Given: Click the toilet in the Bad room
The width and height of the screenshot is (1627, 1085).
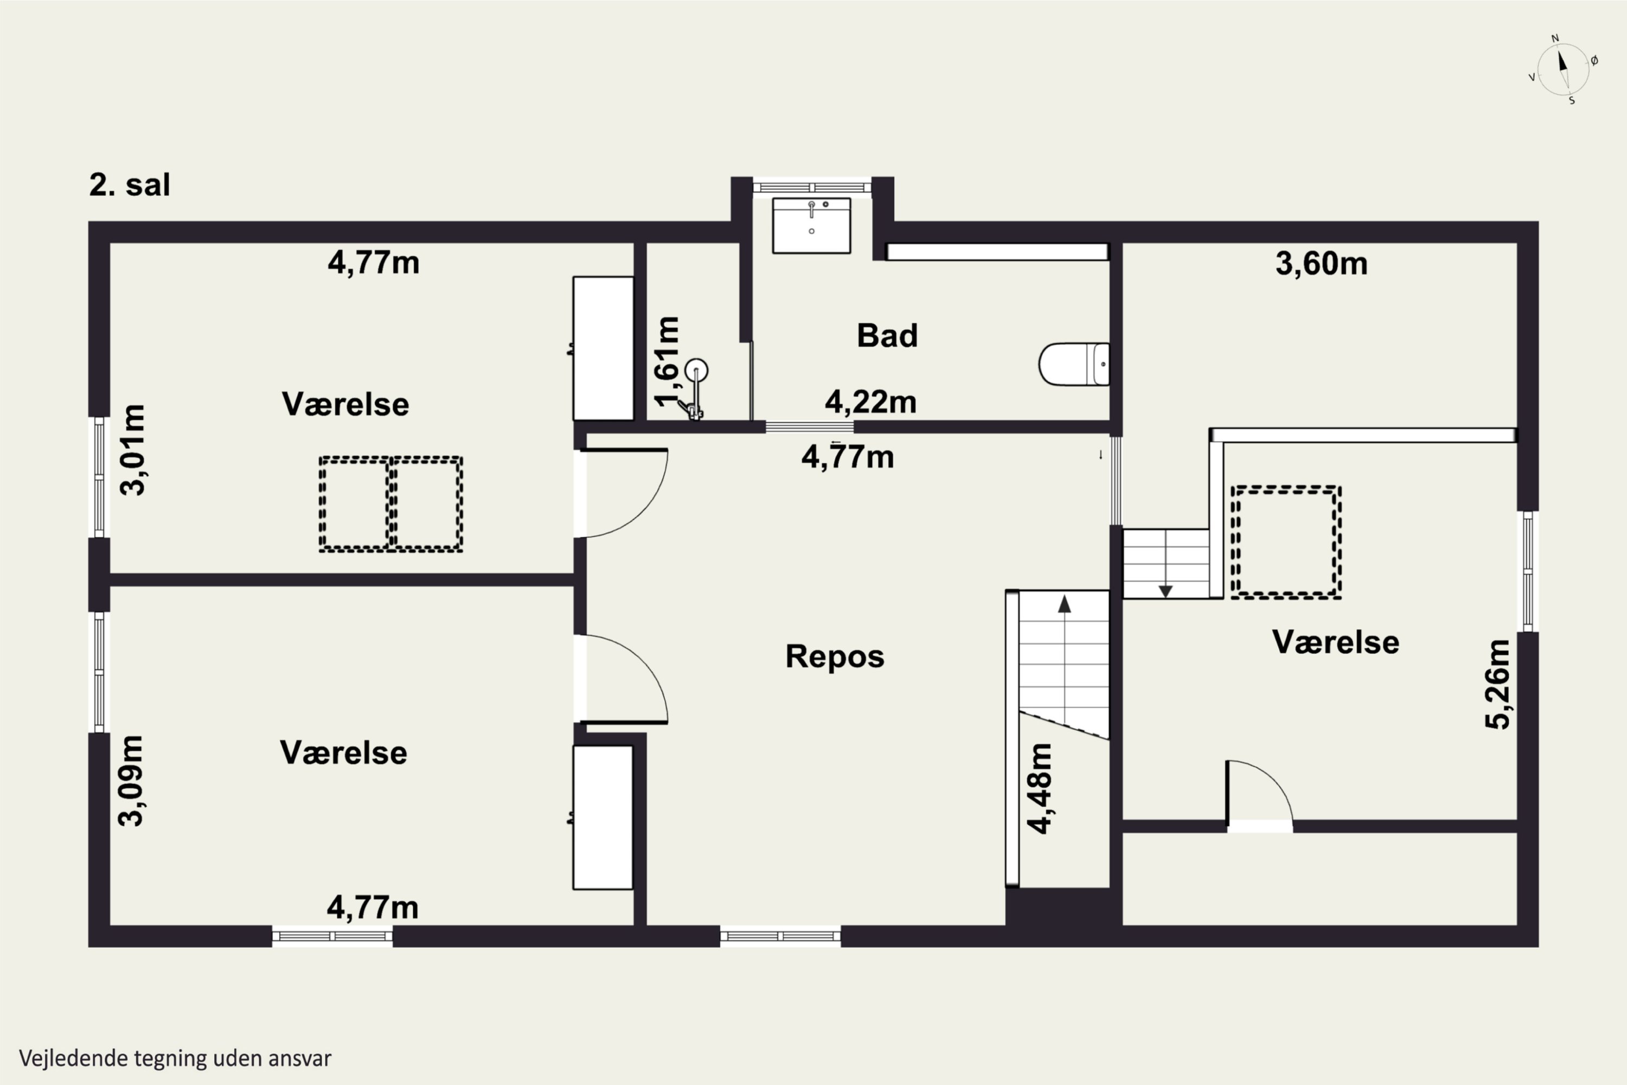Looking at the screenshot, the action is point(1074,364).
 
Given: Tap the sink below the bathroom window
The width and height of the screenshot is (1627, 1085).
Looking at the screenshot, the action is point(811,225).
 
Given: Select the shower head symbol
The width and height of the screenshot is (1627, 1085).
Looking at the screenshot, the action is point(696,371).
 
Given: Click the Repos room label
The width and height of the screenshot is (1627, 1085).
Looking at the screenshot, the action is point(835,656).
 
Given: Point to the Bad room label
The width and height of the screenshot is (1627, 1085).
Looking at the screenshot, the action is point(887,336).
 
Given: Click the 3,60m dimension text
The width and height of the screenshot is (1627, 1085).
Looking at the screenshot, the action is point(1321,264).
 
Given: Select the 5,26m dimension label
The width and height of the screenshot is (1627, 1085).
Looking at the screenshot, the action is point(1497,684).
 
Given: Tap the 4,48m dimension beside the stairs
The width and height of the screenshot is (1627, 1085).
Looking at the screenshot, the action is point(1039,788).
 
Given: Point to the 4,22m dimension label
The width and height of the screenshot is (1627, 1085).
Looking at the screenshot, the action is point(871,402).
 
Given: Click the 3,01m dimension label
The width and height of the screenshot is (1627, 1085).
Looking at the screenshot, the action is point(132,450).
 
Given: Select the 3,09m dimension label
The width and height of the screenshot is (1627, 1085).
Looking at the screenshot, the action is point(130,781).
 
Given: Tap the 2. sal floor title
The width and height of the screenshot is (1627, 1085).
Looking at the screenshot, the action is point(130,185).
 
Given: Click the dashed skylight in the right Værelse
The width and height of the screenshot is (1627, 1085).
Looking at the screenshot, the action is point(1286,542).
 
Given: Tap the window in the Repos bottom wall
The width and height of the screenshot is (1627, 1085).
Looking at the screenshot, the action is point(780,936).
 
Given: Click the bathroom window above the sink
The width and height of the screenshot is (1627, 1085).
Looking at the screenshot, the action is point(812,187).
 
